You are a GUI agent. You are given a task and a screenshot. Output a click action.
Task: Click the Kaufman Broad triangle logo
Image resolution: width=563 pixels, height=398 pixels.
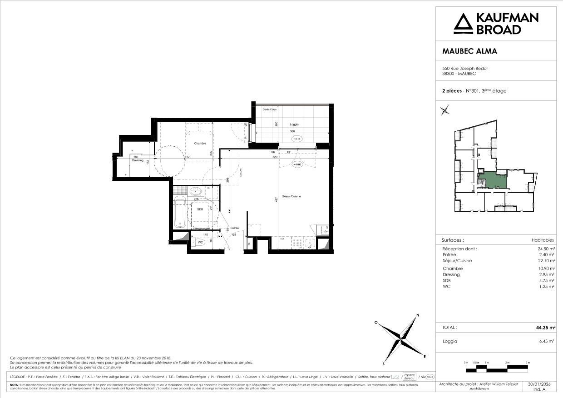click(x=463, y=24)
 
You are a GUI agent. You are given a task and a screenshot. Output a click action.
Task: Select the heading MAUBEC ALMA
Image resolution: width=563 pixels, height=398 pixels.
click(x=469, y=51)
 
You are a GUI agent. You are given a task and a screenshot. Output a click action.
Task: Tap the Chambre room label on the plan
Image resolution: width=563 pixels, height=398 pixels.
click(x=200, y=144)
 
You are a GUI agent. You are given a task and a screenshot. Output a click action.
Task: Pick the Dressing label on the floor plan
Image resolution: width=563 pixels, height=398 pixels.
click(x=137, y=160)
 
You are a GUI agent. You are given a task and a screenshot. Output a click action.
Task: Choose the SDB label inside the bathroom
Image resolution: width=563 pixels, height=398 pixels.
click(x=200, y=209)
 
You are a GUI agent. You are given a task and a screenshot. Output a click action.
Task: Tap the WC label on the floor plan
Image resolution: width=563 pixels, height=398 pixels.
click(x=200, y=243)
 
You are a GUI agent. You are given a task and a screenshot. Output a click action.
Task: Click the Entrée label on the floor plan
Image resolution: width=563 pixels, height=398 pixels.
click(x=234, y=228)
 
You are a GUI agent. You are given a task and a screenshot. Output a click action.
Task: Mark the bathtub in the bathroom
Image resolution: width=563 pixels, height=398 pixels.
click(x=180, y=213)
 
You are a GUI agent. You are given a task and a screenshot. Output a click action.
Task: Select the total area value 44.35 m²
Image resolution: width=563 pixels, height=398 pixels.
click(x=545, y=327)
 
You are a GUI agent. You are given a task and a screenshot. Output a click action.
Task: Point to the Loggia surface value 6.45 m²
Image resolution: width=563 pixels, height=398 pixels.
click(x=547, y=341)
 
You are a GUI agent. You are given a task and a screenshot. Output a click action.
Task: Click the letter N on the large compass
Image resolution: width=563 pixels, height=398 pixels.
click(x=418, y=315)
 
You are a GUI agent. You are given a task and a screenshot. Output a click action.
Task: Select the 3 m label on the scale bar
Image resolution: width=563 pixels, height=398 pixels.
click(x=528, y=363)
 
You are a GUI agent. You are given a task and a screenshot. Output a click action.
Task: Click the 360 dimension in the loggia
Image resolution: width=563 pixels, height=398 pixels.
click(x=293, y=132)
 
